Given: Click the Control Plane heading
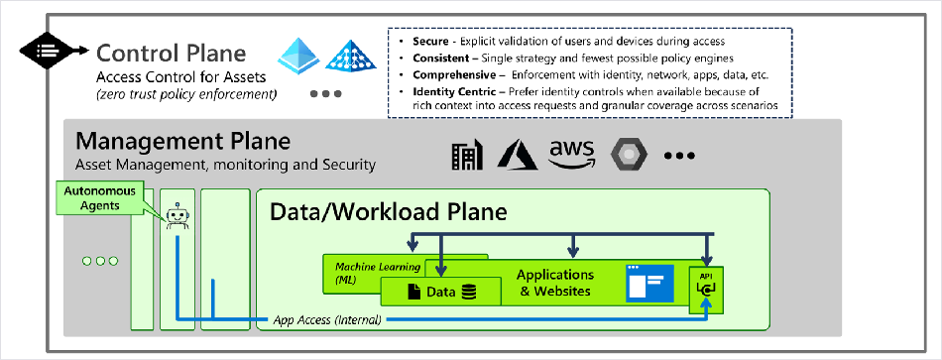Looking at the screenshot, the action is point(172,54).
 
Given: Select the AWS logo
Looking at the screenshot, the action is point(571,155).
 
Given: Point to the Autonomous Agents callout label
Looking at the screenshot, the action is point(100,198).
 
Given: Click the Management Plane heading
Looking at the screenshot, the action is point(182,142).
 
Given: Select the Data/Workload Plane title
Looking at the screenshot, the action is point(388,212).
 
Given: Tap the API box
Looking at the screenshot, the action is point(706,290).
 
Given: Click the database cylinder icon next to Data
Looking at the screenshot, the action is point(469,293).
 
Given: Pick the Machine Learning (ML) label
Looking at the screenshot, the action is point(370,273).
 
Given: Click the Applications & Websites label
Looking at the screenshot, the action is point(555,283).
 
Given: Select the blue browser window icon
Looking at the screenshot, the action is point(649,283).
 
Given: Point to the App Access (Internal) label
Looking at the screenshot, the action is point(327,319).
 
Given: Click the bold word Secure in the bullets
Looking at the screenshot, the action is point(430,42).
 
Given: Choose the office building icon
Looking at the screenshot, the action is point(467,155).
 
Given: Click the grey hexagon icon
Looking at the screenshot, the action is point(629,155).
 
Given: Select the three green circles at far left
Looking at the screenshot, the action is point(100,261).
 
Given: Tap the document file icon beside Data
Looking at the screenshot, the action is point(414,293).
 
